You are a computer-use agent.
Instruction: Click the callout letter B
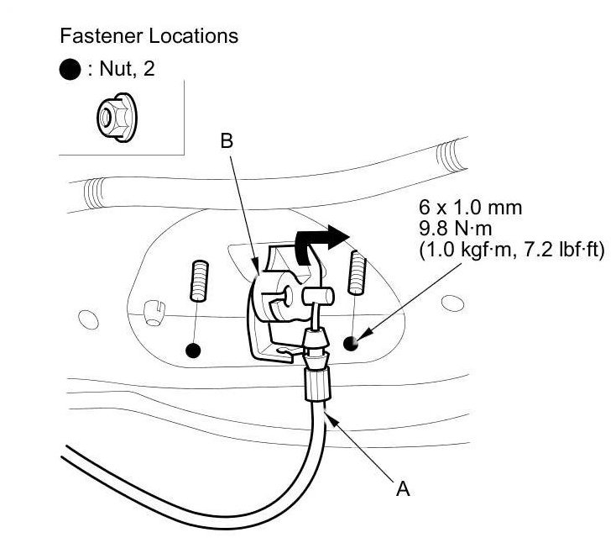point(227,141)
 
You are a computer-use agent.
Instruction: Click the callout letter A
point(403,489)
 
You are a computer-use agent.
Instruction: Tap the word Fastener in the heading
point(102,36)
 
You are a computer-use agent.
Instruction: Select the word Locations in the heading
point(194,36)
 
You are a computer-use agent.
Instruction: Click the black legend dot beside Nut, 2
point(70,70)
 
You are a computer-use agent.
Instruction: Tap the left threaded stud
point(200,282)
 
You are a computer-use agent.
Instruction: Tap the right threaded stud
point(358,272)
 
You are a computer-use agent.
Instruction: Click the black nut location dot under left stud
point(193,351)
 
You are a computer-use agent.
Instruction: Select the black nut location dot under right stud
point(351,344)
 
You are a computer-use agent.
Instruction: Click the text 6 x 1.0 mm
point(470,208)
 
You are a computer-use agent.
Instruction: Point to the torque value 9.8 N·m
point(456,229)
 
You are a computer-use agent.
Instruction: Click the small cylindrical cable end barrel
point(318,296)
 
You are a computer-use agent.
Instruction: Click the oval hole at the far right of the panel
point(452,303)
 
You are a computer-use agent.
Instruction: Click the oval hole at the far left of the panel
point(88,319)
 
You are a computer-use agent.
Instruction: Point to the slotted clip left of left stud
point(154,313)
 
